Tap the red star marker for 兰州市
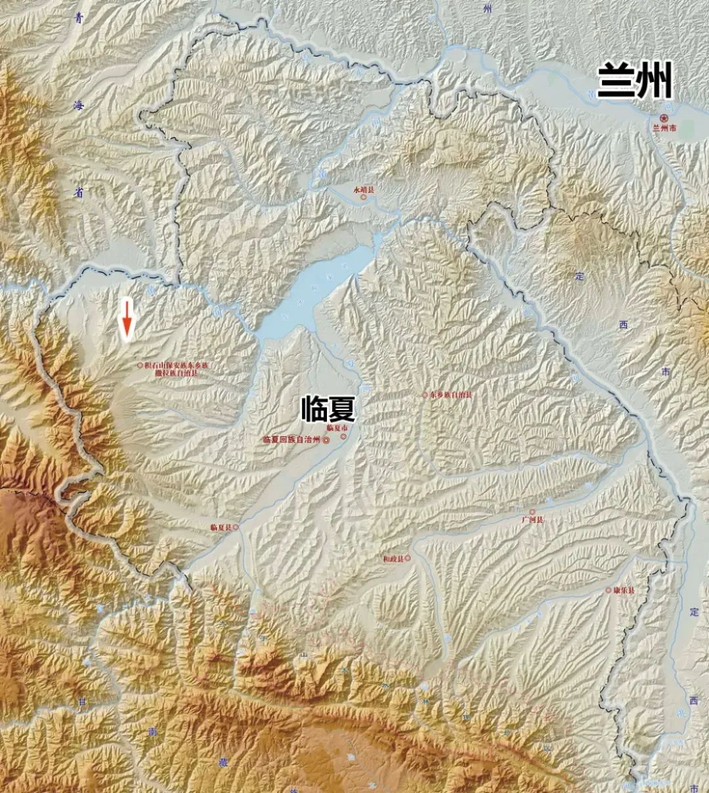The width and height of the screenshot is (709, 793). [x=664, y=118]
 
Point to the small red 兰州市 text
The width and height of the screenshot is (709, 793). [x=664, y=129]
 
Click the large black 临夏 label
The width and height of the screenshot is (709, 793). [x=328, y=409]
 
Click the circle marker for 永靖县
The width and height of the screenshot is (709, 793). [x=362, y=197]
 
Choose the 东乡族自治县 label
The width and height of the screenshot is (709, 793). [x=452, y=395]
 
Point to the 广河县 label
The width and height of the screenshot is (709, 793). [x=532, y=520]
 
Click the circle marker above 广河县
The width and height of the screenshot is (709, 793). [x=532, y=511]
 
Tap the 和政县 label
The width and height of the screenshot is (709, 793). [x=393, y=558]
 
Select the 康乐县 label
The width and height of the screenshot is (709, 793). [x=624, y=591]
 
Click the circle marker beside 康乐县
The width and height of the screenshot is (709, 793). [x=609, y=591]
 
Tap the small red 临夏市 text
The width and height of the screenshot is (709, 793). [x=335, y=428]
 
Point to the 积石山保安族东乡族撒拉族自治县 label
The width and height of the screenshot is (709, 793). [x=176, y=368]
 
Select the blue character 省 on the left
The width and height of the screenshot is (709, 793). [x=79, y=194]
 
